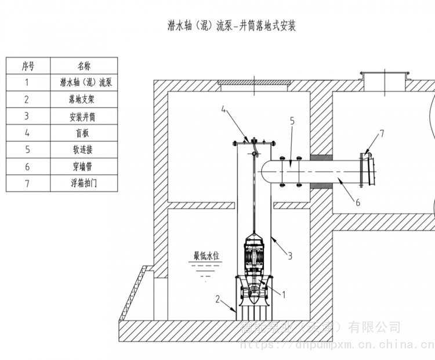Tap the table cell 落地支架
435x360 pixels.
84,99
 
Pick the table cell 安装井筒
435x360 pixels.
84,116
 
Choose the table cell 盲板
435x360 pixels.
84,133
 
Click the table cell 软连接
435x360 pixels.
84,150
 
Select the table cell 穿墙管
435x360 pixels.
84,167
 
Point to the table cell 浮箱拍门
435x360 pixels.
84,183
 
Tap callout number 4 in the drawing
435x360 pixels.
223,109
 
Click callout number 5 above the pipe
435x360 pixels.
292,121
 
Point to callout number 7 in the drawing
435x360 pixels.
381,134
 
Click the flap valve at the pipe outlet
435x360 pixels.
365,169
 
